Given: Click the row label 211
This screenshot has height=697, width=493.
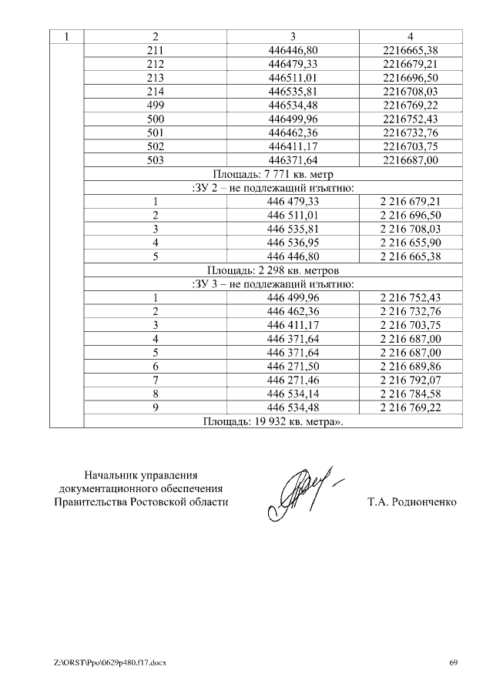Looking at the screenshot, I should pyautogui.click(x=156, y=51).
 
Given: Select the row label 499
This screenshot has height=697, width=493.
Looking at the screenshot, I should pyautogui.click(x=156, y=105).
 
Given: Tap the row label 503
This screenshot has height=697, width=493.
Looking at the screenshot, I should pyautogui.click(x=156, y=159).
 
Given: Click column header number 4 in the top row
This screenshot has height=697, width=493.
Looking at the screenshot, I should pyautogui.click(x=410, y=37).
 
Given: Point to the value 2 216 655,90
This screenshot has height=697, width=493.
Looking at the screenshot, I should pyautogui.click(x=410, y=243).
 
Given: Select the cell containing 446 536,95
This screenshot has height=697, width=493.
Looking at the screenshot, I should pyautogui.click(x=293, y=243).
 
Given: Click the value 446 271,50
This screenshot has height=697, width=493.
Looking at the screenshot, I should pyautogui.click(x=293, y=366).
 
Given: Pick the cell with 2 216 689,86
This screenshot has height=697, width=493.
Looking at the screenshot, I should pyautogui.click(x=410, y=366).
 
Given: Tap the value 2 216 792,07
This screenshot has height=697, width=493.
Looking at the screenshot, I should pyautogui.click(x=410, y=380).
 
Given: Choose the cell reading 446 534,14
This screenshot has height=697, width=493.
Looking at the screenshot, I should pyautogui.click(x=293, y=394).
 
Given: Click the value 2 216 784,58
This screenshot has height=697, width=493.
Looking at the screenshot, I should pyautogui.click(x=410, y=394).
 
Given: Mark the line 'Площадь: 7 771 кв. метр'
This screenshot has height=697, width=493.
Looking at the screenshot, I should pyautogui.click(x=273, y=173).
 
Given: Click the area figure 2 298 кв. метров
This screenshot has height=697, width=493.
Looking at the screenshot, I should pyautogui.click(x=273, y=270).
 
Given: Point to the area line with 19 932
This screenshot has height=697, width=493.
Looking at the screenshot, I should pyautogui.click(x=273, y=421).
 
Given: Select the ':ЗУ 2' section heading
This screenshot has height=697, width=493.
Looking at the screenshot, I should pyautogui.click(x=273, y=187).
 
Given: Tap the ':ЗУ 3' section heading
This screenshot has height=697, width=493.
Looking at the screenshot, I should pyautogui.click(x=273, y=283).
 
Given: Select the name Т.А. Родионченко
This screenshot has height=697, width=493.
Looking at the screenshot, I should pyautogui.click(x=412, y=502).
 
